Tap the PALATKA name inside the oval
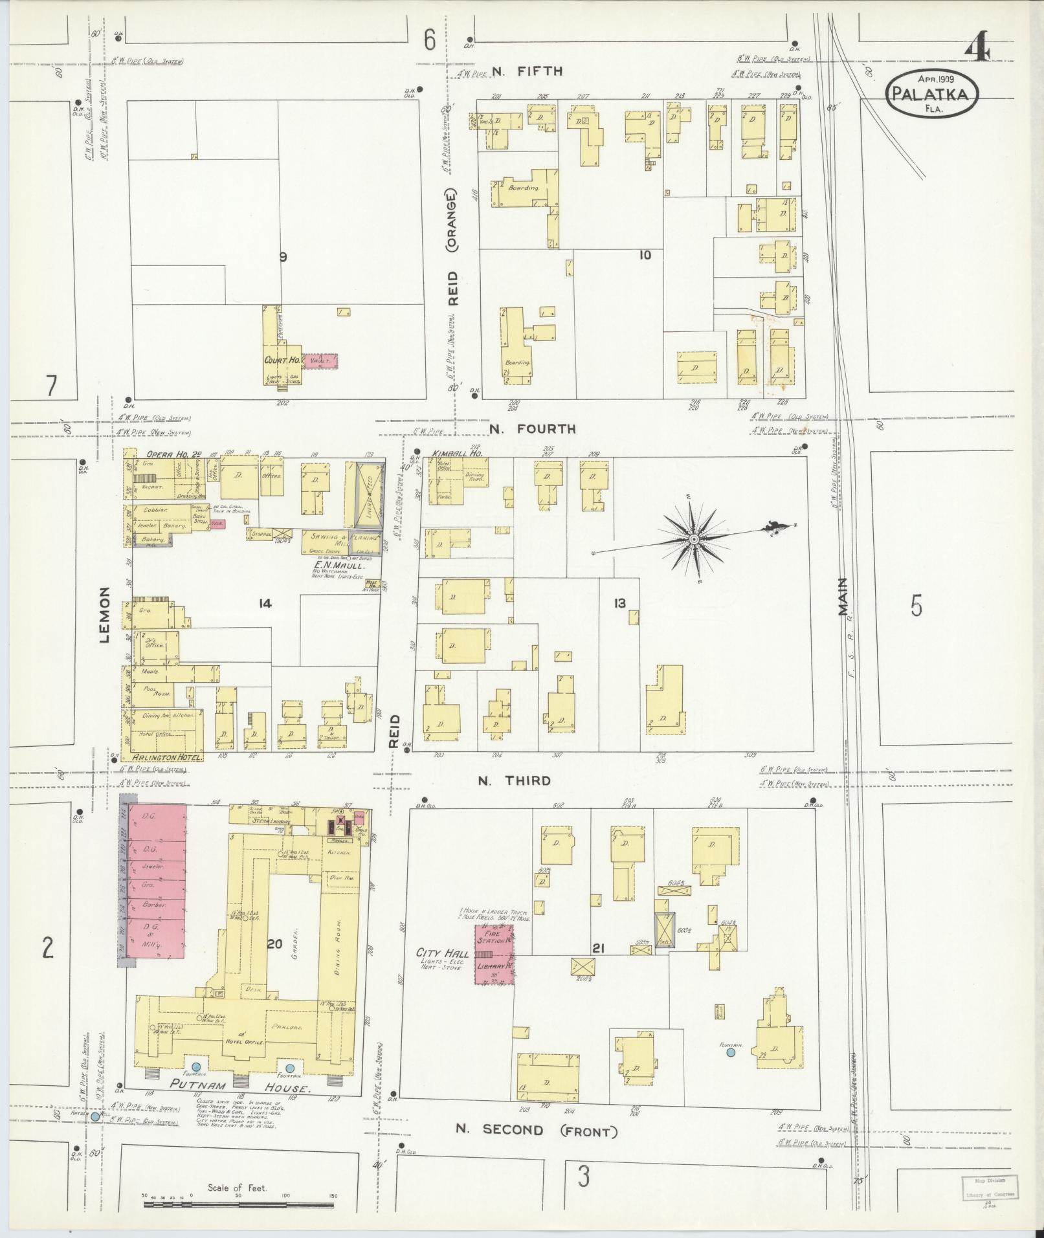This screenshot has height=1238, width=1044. click(931, 94)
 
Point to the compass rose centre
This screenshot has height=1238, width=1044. click(693, 538)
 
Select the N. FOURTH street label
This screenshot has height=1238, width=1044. click(532, 428)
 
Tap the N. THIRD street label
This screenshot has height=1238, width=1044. click(515, 780)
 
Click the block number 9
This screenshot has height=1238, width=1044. click(282, 257)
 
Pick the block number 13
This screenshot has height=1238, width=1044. click(619, 603)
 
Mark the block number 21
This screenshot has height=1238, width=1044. click(598, 949)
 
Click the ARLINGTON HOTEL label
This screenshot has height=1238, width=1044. click(167, 757)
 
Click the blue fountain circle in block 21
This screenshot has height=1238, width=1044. click(731, 1053)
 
